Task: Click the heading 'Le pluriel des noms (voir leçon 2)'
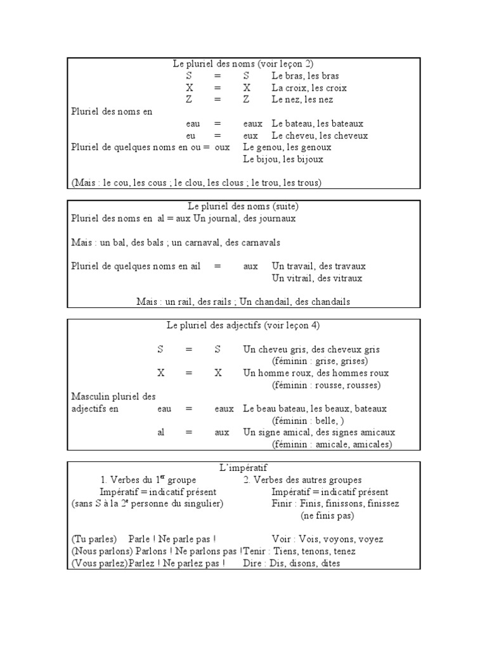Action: pos(243,63)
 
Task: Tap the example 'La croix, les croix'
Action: pos(309,87)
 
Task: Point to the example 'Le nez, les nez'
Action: pos(302,100)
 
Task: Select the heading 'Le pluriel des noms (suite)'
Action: pos(243,206)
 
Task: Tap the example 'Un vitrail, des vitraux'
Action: pos(317,278)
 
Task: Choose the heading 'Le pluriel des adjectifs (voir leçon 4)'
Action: pos(243,325)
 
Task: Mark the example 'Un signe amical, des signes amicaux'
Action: pos(319,432)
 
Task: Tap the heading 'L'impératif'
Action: pos(243,468)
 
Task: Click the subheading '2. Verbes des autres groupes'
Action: pos(302,480)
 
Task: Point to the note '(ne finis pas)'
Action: pos(327,515)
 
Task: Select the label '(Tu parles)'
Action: pos(94,539)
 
